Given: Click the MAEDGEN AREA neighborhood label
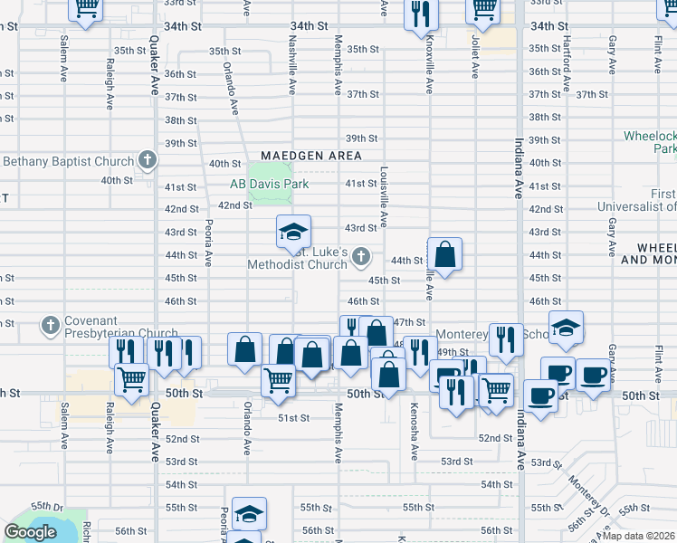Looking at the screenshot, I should tap(312, 156).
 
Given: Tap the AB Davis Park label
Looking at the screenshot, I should tap(269, 184).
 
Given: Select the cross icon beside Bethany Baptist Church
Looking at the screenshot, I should tap(148, 161).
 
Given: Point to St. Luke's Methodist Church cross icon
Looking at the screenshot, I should tap(361, 258).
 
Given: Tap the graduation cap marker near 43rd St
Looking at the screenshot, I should tap(293, 233).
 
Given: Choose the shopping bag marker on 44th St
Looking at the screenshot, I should tap(445, 255).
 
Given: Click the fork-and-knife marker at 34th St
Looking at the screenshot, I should tap(421, 14).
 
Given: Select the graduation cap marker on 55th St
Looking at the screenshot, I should tap(249, 515).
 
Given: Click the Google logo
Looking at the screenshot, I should tap(30, 532).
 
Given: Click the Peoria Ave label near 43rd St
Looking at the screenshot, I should tap(207, 243).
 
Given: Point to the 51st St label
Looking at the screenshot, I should tap(293, 417).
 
